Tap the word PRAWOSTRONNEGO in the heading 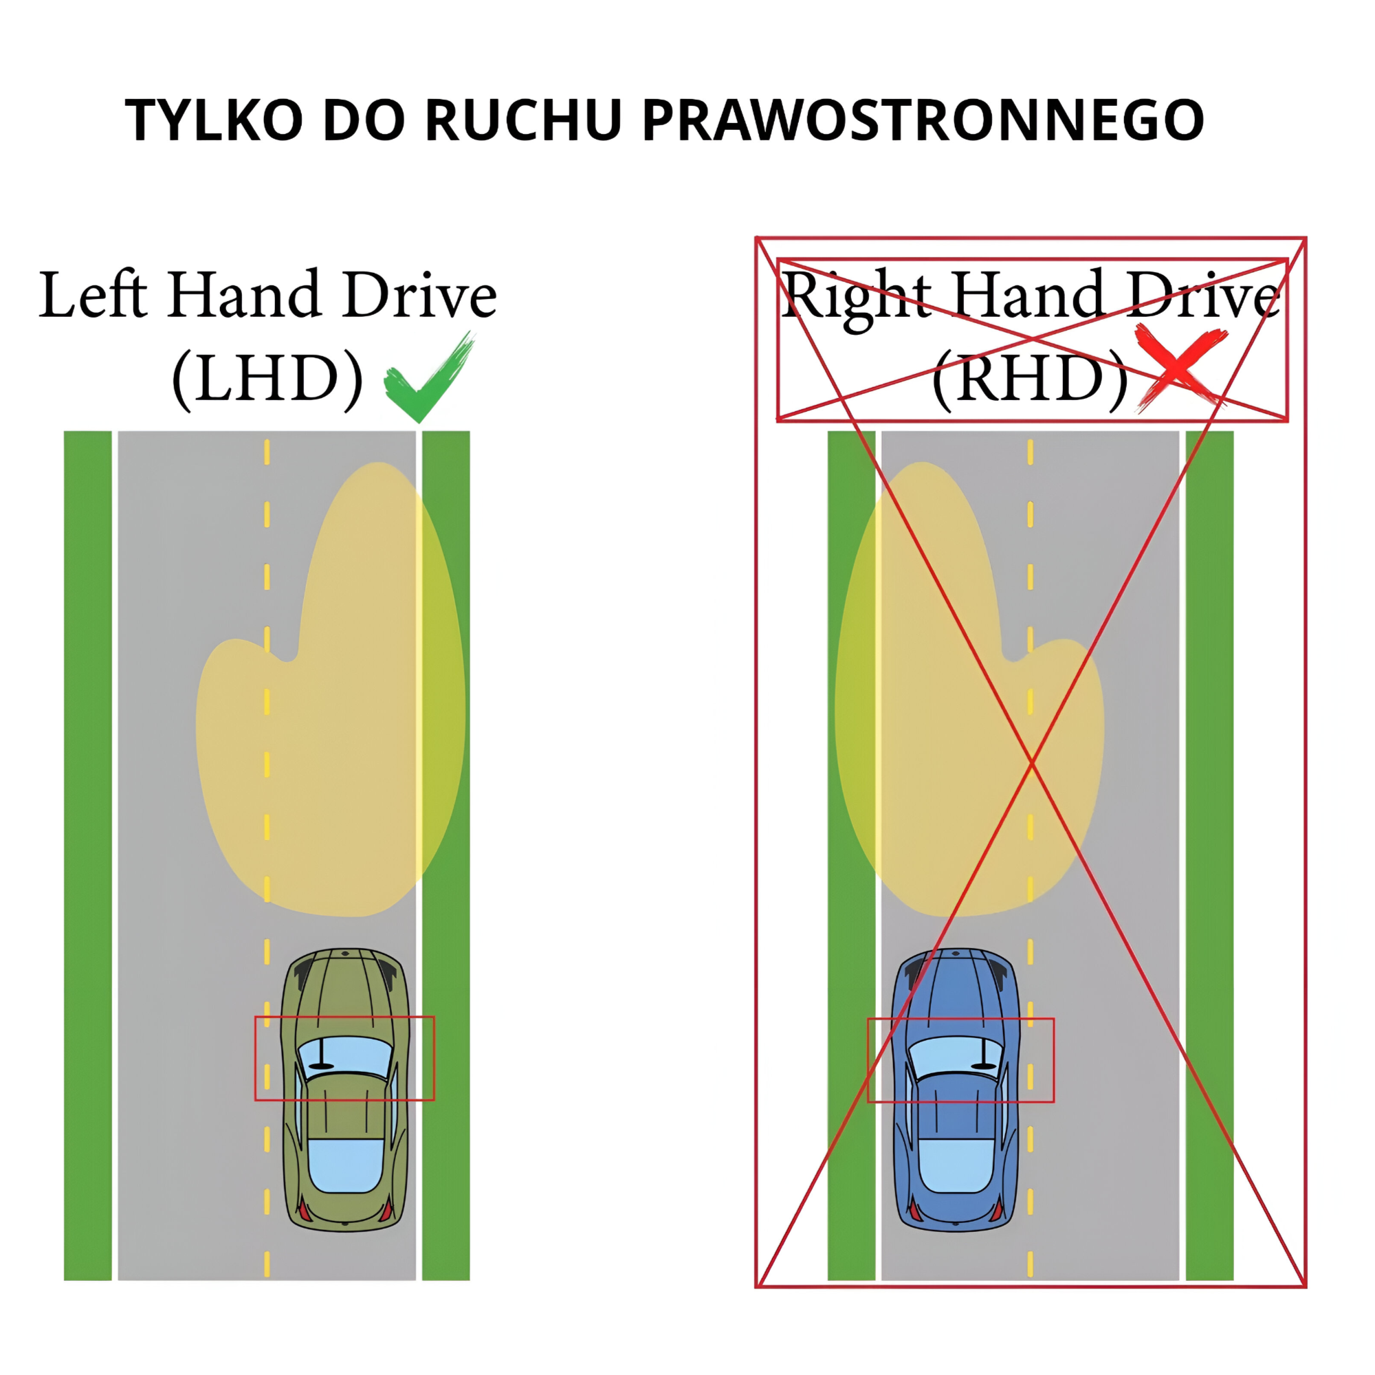[x=923, y=120]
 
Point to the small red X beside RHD [x=1178, y=367]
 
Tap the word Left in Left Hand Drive [x=93, y=295]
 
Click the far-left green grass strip [x=87, y=854]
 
